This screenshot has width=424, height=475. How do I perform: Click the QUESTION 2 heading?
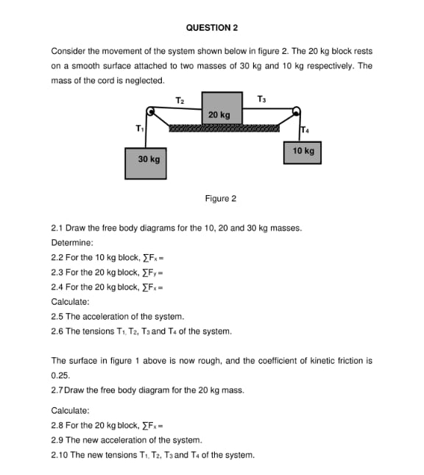[212, 28]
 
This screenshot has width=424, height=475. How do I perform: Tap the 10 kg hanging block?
[303, 152]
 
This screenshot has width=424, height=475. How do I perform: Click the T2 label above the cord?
[180, 99]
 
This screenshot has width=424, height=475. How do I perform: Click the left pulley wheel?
[152, 112]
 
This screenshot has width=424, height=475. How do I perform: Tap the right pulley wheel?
[297, 112]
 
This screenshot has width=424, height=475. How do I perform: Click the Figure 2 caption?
[221, 199]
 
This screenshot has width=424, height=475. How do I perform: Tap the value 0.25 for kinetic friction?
[59, 375]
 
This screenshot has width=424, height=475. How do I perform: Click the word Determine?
[72, 243]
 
